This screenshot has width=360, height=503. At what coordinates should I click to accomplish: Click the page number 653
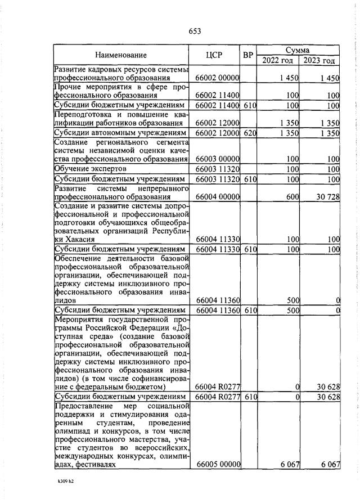[195, 32]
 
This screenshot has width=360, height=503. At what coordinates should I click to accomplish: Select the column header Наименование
[120, 55]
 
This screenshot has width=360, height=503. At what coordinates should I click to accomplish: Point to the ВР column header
[247, 55]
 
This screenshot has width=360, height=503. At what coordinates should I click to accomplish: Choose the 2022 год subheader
[278, 60]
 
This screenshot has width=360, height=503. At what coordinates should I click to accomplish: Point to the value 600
[291, 197]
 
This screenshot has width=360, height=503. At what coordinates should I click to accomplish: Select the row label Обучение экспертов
[90, 169]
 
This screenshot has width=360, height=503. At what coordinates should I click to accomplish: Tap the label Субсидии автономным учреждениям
[120, 133]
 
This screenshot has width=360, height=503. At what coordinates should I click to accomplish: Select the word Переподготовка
[82, 115]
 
